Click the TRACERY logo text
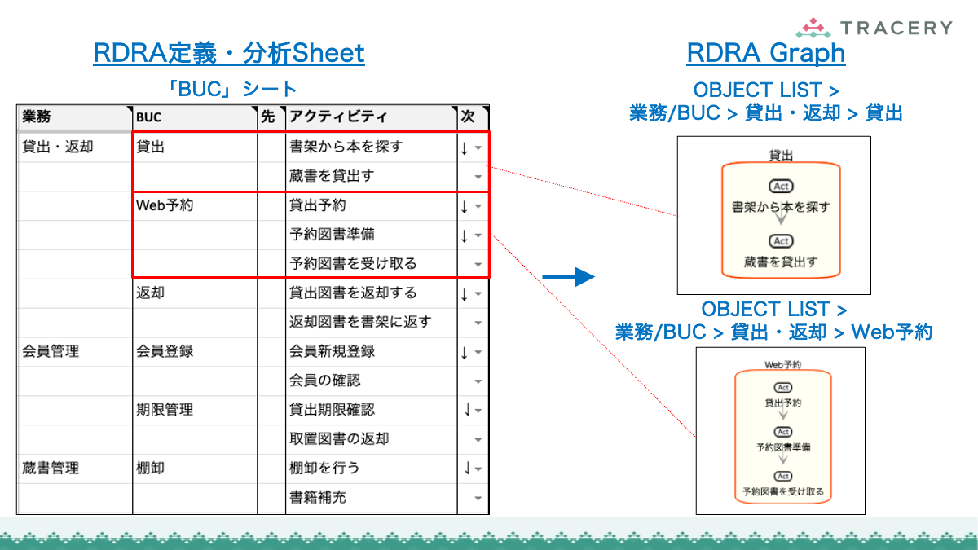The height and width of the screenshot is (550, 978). click(895, 28)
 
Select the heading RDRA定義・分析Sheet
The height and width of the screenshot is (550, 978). click(229, 54)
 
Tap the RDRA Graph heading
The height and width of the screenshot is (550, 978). click(765, 54)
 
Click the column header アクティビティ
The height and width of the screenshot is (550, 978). click(338, 117)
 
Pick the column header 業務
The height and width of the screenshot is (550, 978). click(37, 117)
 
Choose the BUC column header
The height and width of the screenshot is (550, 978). click(148, 117)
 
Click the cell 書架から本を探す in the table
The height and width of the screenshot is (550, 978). click(346, 147)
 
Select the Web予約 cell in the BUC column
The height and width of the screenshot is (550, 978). click(165, 206)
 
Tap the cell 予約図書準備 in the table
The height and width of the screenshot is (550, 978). click(332, 235)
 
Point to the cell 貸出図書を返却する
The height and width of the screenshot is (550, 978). click(353, 293)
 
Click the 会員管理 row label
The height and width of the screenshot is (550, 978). click(51, 352)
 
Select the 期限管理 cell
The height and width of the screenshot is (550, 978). click(165, 410)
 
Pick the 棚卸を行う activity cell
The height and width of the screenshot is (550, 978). click(324, 469)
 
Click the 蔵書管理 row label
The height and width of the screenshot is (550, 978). click(51, 469)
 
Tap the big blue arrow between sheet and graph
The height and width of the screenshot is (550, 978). click(570, 277)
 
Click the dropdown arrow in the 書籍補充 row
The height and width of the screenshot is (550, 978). click(478, 498)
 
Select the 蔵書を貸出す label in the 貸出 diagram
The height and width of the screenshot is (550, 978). click(780, 262)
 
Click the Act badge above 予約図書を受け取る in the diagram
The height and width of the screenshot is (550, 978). click(782, 476)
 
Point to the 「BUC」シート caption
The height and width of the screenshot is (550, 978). click(229, 89)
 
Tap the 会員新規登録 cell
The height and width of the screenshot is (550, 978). click(332, 352)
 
